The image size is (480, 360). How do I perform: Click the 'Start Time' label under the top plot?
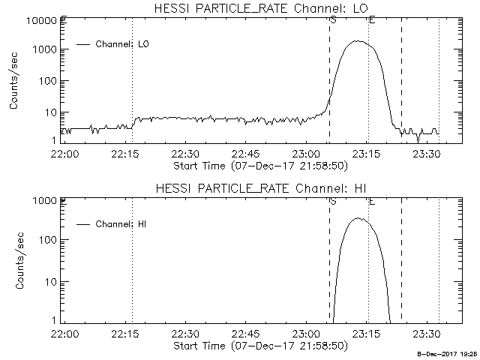[x=259, y=165]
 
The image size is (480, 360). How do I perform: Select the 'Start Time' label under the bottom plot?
[x=259, y=346]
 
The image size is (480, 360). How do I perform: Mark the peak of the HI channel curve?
[x=358, y=218]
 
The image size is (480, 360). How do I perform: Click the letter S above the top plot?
[x=332, y=19]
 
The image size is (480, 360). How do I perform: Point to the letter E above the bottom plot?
[x=371, y=200]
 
